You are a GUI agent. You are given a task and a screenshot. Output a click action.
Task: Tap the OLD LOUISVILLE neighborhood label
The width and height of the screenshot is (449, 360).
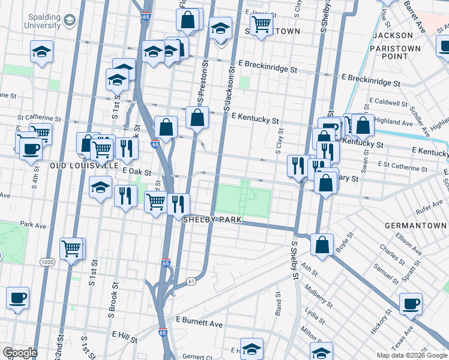(83, 164)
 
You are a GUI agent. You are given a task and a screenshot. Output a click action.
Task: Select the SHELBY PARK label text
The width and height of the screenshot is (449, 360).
(212, 220)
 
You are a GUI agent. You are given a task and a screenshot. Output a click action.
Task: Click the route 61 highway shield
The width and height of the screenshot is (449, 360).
(191, 281)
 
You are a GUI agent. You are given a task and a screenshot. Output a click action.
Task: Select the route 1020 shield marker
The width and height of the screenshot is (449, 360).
(47, 262)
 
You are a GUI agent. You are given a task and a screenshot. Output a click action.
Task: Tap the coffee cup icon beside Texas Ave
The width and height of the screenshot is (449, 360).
(411, 304)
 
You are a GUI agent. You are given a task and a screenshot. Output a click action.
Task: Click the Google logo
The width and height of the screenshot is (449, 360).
(20, 353)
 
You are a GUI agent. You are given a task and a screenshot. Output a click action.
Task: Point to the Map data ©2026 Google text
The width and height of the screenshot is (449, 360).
(412, 355)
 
